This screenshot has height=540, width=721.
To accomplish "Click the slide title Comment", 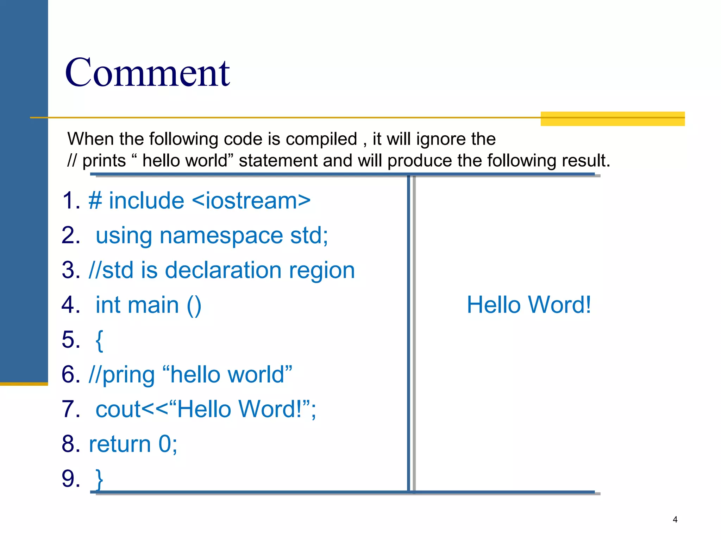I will [x=147, y=73].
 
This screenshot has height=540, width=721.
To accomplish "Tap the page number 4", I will [x=675, y=519].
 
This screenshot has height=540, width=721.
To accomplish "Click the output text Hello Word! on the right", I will [x=528, y=304].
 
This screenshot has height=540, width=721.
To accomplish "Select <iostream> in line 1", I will [x=251, y=201].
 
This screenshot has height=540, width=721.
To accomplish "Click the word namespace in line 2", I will [x=221, y=236].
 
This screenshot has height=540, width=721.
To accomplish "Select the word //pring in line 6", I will [x=122, y=375].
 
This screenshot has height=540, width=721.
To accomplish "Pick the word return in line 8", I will [x=120, y=444].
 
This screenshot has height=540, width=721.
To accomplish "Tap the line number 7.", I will [x=70, y=409].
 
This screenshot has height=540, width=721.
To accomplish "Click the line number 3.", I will [x=70, y=270].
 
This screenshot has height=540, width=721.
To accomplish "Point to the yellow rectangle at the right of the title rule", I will [x=613, y=119].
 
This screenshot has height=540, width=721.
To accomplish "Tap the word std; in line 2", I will [x=309, y=236].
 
